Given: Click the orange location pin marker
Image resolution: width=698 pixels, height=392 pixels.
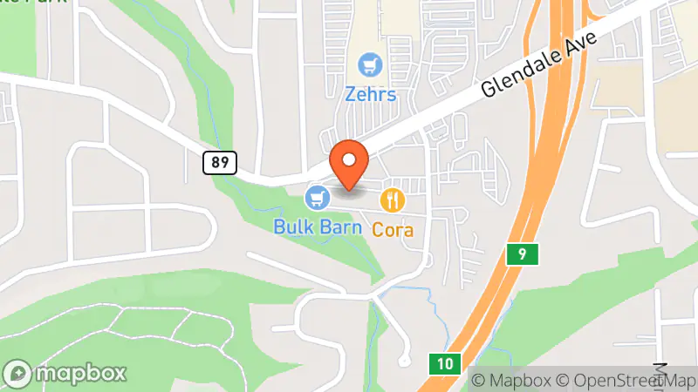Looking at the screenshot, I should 350,164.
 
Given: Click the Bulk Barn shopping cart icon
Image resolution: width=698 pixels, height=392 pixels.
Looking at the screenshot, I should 317,198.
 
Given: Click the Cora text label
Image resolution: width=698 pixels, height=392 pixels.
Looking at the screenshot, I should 393,231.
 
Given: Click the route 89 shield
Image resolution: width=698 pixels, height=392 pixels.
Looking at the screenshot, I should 218,161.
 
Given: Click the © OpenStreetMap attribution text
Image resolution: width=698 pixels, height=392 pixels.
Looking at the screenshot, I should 626,381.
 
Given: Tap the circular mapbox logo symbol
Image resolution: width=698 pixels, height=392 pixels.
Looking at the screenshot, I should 18,373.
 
